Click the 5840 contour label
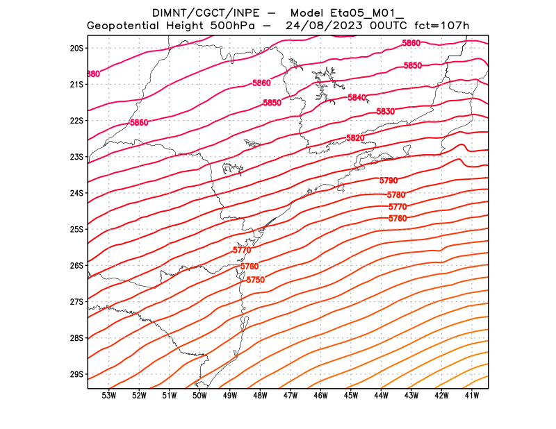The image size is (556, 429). pyautogui.click(x=357, y=98)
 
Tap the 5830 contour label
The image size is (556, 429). pyautogui.click(x=386, y=112)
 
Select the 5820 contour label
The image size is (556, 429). pyautogui.click(x=355, y=138)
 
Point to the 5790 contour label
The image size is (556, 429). pyautogui.click(x=389, y=180)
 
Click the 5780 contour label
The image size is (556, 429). pyautogui.click(x=396, y=194)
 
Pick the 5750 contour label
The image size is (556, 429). pyautogui.click(x=256, y=280)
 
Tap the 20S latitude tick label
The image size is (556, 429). pyautogui.click(x=76, y=48)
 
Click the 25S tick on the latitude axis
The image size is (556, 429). pyautogui.click(x=76, y=229)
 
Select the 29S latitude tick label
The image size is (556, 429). pyautogui.click(x=76, y=374)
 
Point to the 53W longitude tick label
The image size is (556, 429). pyautogui.click(x=108, y=396)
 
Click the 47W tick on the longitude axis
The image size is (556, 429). pyautogui.click(x=291, y=396)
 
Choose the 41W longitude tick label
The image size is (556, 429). pyautogui.click(x=472, y=396)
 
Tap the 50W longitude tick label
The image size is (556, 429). pyautogui.click(x=199, y=396)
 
